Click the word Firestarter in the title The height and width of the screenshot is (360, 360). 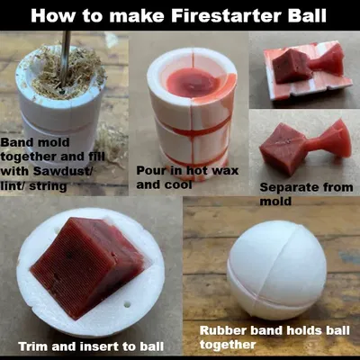click(x=227, y=15)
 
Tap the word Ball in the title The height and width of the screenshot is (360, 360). click(x=307, y=15)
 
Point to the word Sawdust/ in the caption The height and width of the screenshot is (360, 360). click(x=63, y=171)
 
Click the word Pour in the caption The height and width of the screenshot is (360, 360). click(x=150, y=170)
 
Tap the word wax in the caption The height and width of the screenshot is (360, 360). click(x=225, y=171)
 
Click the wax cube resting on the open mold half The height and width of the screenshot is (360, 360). click(x=291, y=66)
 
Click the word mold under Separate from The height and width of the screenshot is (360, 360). click(x=275, y=201)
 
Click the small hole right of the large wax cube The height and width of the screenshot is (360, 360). click(x=128, y=305)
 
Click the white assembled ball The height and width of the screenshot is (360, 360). click(x=276, y=270)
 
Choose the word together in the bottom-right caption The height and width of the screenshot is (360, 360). click(x=228, y=345)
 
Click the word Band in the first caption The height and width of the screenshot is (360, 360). click(x=15, y=142)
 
